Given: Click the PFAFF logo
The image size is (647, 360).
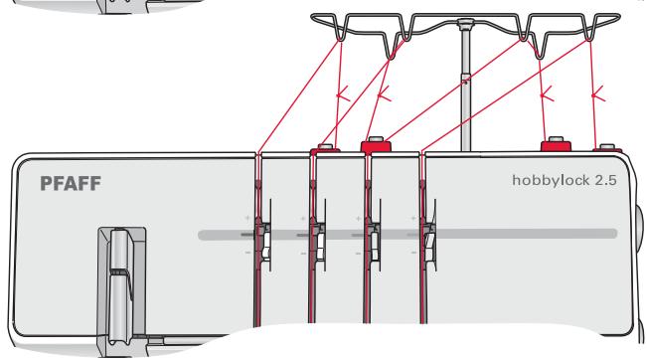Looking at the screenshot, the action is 71,184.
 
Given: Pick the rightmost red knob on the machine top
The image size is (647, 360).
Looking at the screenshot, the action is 605,148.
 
